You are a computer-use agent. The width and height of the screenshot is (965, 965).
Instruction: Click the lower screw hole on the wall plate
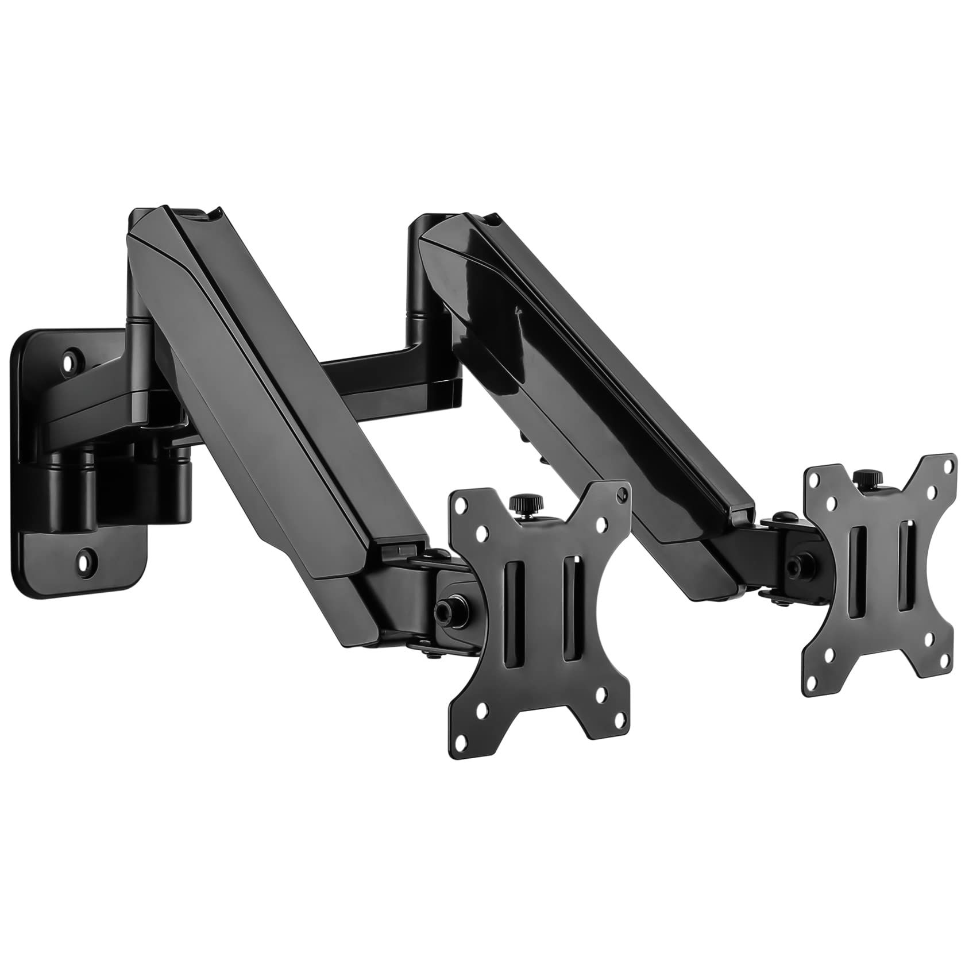click(86, 556)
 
